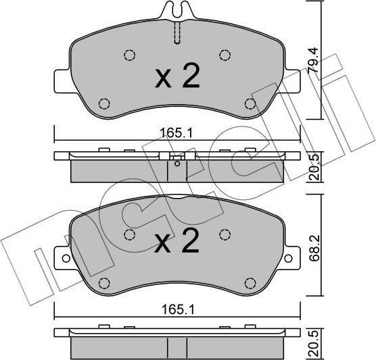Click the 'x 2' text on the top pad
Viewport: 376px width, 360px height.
[x=177, y=78]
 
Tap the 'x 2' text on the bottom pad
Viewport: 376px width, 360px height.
[x=177, y=242]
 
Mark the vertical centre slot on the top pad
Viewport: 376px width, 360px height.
[x=177, y=32]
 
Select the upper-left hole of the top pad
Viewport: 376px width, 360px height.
[x=129, y=56]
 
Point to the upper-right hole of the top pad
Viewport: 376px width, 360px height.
[x=225, y=56]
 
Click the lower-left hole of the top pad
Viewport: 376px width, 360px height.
[x=103, y=103]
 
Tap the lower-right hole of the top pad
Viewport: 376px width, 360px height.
[x=250, y=103]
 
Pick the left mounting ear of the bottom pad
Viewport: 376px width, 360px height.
[x=61, y=257]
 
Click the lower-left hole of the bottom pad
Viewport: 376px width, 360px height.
[x=103, y=282]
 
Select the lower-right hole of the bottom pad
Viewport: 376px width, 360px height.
[x=250, y=282]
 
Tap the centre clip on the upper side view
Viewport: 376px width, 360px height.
[x=177, y=159]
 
